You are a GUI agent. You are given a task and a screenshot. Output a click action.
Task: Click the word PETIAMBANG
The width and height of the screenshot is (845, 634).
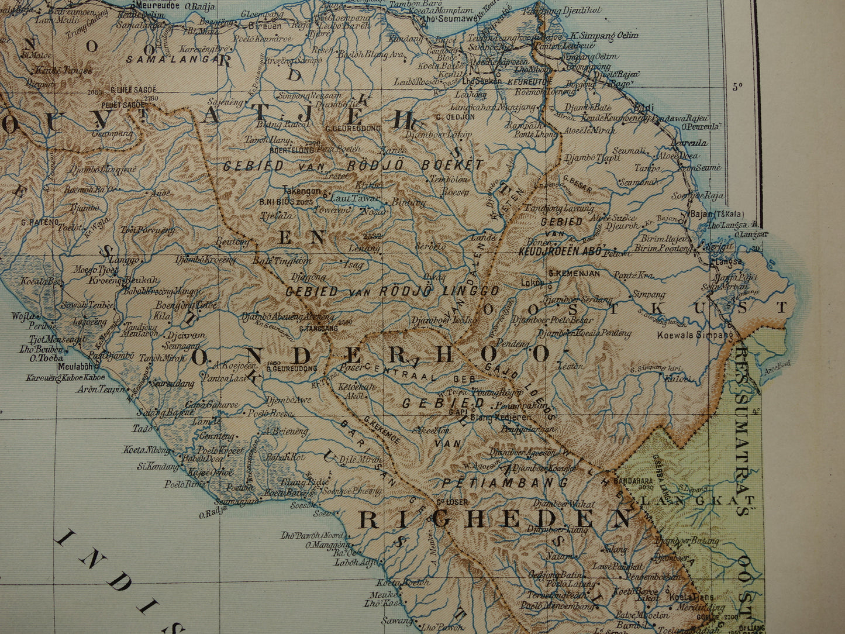(505, 483)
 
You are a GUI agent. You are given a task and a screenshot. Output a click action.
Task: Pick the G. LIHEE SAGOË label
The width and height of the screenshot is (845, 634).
(133, 90)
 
